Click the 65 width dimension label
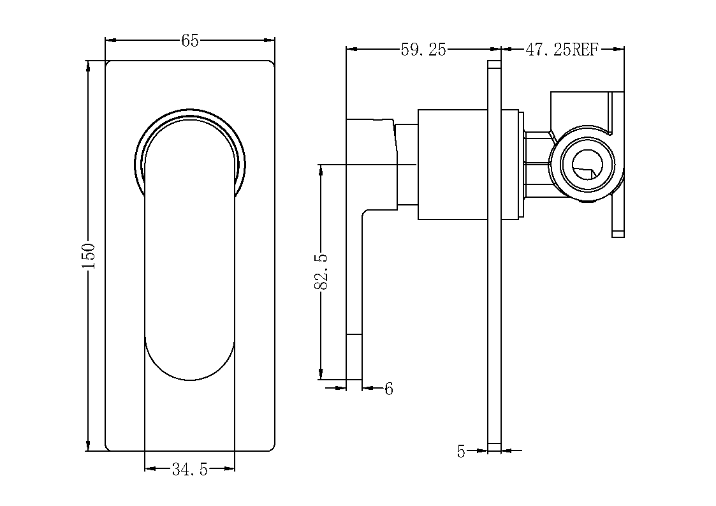coord(190,41)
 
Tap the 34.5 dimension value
coord(190,469)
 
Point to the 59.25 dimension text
coord(423,49)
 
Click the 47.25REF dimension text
coord(562,49)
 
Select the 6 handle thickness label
coord(388,389)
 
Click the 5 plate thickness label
coord(461,452)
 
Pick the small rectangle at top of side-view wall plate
coord(495,65)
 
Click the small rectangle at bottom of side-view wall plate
coord(495,447)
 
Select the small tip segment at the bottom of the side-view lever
coord(354,357)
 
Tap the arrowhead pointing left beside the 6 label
coord(368,388)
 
